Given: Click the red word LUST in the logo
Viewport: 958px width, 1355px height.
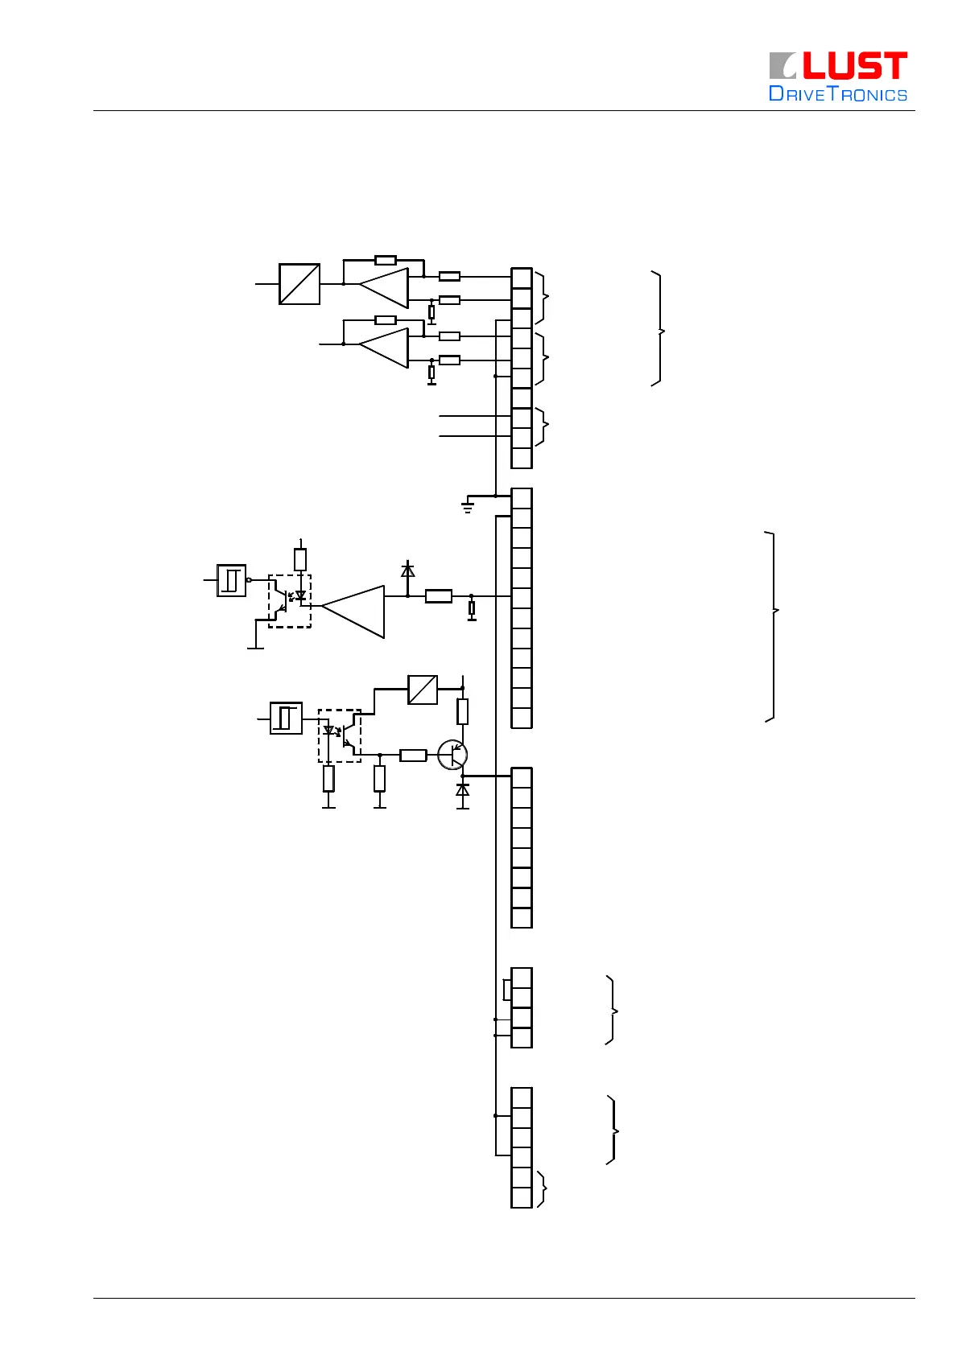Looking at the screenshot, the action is [855, 66].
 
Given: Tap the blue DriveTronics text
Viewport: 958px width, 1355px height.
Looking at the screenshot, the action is [838, 94].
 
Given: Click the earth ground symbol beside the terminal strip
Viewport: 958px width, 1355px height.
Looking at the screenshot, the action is [467, 507].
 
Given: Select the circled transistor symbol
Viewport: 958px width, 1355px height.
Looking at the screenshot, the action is [452, 755].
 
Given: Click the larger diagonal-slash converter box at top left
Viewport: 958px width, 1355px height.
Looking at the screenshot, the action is [299, 284].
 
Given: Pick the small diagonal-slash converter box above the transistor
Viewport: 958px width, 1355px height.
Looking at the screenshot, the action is [423, 690].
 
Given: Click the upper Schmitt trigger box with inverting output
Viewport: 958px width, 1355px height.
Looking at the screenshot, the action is [232, 580].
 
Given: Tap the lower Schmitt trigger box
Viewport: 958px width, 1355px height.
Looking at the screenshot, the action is [286, 718].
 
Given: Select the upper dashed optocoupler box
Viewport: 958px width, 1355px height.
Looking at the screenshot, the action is [290, 601].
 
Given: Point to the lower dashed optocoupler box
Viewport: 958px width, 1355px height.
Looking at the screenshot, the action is [340, 735].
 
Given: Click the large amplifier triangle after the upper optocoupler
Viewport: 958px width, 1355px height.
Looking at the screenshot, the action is [354, 612].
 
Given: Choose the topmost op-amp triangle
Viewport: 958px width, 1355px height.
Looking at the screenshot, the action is [385, 287].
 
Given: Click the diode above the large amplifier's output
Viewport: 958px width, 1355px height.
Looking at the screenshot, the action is [408, 570].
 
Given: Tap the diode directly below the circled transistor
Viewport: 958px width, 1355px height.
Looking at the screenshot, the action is [463, 791].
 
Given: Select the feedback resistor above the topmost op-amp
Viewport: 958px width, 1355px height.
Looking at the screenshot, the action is [386, 260].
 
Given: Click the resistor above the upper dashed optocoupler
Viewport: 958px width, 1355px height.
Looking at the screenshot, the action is [300, 559].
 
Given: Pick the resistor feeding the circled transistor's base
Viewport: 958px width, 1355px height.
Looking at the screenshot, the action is [413, 755].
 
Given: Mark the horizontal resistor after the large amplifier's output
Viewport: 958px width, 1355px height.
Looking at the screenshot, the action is [439, 596].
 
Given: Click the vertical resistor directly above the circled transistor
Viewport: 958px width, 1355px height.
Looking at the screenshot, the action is [463, 711].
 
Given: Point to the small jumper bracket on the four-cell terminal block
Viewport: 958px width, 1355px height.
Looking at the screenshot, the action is [506, 989].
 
